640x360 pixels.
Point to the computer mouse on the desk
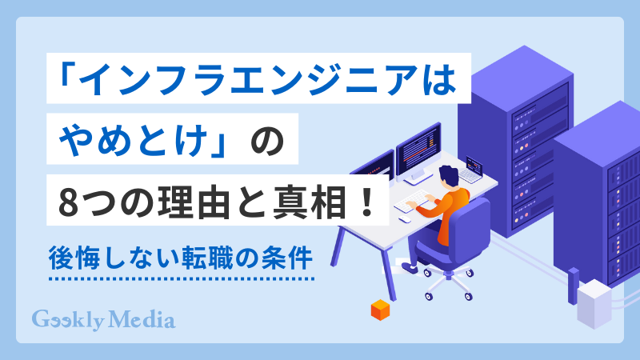point(406,218)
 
